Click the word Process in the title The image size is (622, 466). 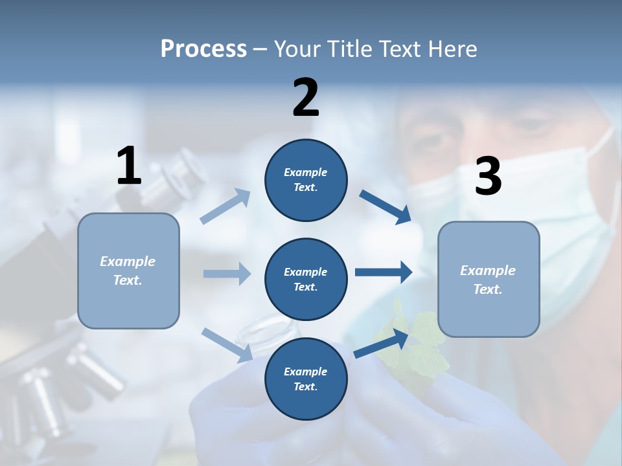pyautogui.click(x=203, y=49)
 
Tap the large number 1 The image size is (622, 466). pyautogui.click(x=129, y=166)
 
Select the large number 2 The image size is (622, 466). pyautogui.click(x=306, y=98)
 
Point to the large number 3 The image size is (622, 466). pyautogui.click(x=488, y=177)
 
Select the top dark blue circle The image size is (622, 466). pyautogui.click(x=306, y=180)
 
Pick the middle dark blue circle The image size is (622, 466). pyautogui.click(x=306, y=279)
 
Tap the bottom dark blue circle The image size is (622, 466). pyautogui.click(x=306, y=379)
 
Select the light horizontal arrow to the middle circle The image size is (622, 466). pyautogui.click(x=227, y=274)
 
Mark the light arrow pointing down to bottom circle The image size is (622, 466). pyautogui.click(x=227, y=344)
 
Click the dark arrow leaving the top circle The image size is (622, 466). pyautogui.click(x=385, y=206)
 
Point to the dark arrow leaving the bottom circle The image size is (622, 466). pyautogui.click(x=381, y=344)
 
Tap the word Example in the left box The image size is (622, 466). pyautogui.click(x=128, y=261)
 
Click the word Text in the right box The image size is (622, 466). pyautogui.click(x=487, y=289)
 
